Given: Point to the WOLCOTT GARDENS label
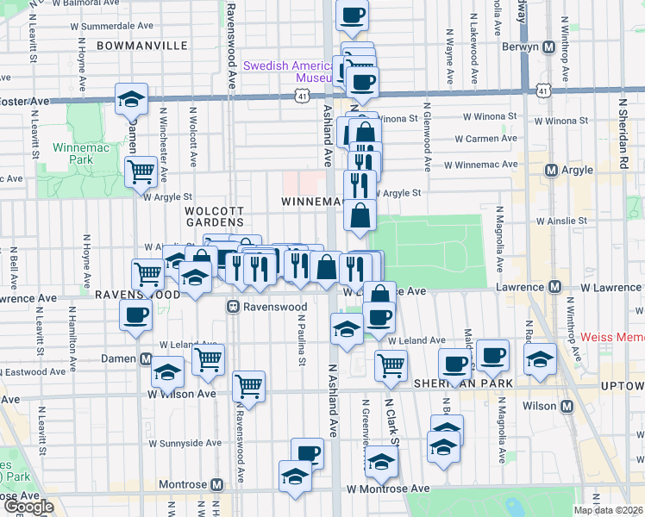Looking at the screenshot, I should click(215, 216).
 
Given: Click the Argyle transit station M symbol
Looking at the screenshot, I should click(551, 170).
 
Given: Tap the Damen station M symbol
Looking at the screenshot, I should click(146, 358).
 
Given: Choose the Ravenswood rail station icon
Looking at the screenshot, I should click(233, 306).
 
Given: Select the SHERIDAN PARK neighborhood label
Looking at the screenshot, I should click(463, 383).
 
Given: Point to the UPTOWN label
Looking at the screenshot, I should click(619, 383).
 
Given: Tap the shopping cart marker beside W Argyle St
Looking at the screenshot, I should click(140, 171).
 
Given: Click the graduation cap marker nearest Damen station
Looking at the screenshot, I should click(168, 372).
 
